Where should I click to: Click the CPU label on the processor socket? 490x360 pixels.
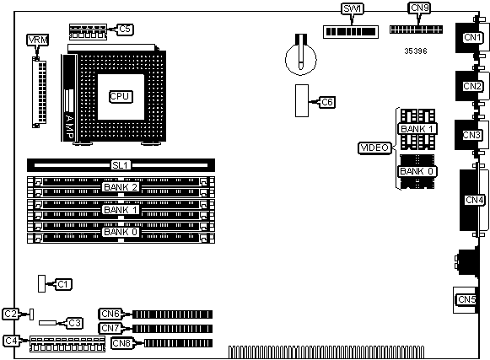[121, 97]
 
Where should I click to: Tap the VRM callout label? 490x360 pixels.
[37, 40]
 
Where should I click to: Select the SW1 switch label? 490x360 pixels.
[353, 8]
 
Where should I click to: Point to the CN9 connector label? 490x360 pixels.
[419, 8]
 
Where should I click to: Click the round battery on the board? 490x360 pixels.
[300, 59]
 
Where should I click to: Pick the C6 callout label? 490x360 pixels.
[327, 102]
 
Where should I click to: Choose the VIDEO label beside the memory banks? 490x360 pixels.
[374, 148]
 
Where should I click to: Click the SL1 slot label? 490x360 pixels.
[121, 165]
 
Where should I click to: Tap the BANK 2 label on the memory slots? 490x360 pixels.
[121, 187]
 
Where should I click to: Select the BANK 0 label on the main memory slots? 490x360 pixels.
[121, 232]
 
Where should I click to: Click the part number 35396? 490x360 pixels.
[415, 51]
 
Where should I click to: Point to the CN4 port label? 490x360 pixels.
[475, 200]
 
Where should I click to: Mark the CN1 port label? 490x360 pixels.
[472, 37]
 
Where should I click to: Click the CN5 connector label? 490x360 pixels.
[466, 299]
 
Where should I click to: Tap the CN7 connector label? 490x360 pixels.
[110, 328]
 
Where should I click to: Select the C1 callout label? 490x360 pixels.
[63, 284]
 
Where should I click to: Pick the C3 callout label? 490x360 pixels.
[74, 323]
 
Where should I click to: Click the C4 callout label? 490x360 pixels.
[11, 341]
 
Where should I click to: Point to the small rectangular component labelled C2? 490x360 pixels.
[31, 314]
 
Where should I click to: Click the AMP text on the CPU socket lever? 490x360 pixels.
[69, 126]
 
